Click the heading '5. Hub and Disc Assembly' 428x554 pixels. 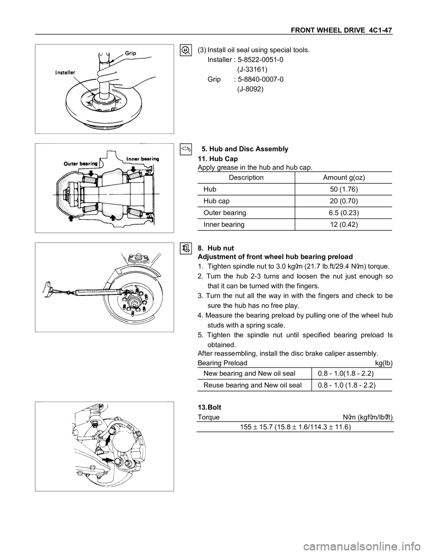pos(245,149)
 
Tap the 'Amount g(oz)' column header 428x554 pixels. pos(344,178)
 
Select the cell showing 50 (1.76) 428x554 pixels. pos(344,190)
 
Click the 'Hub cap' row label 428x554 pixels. pos(216,201)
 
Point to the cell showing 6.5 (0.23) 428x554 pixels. pos(344,213)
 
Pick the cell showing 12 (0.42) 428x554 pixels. pos(344,224)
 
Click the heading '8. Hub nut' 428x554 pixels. pos(215,248)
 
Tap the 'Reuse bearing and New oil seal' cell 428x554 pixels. pos(252,385)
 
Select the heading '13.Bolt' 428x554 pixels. pos(209,407)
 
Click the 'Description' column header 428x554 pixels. pos(246,178)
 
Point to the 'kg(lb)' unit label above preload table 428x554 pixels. pos(384,363)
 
